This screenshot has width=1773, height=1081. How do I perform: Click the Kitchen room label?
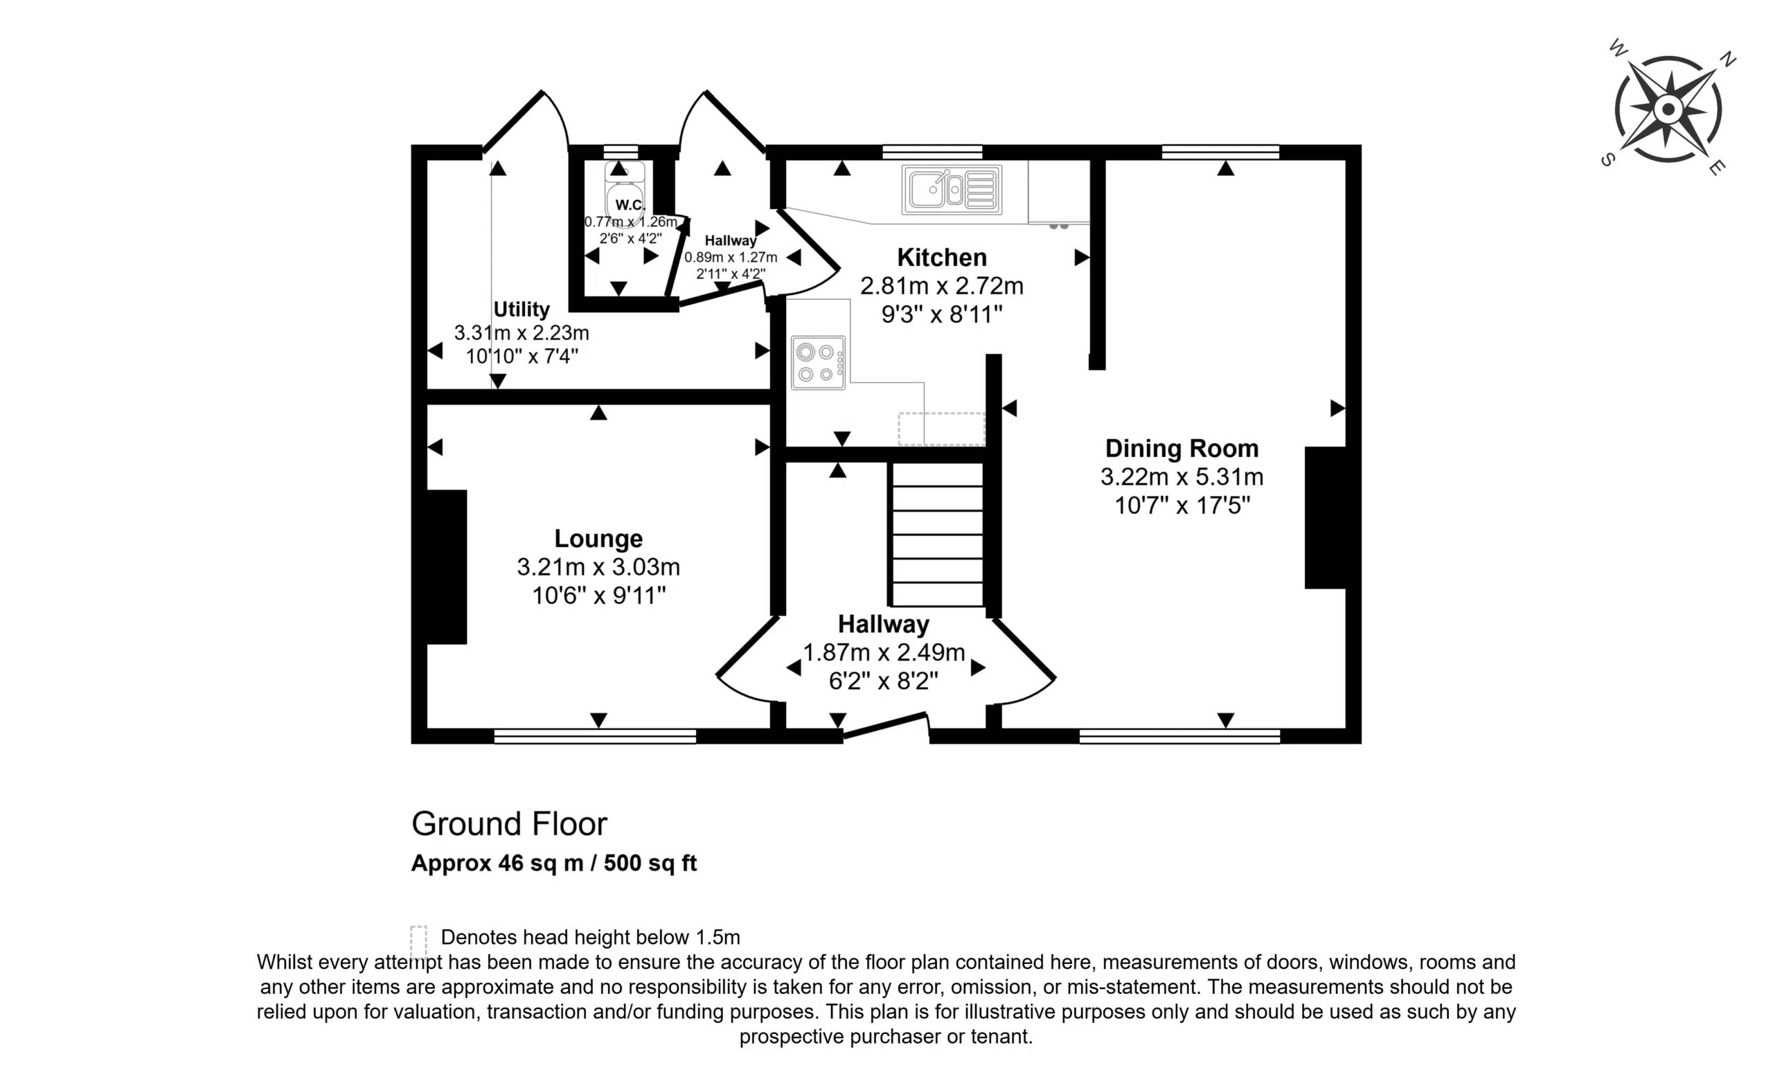coord(941,257)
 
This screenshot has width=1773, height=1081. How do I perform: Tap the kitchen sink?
coord(952,190)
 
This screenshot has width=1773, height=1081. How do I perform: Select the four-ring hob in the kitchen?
coord(818,363)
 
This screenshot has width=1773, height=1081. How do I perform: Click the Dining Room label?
coord(1182,448)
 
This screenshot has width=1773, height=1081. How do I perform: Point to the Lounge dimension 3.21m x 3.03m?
coord(598,567)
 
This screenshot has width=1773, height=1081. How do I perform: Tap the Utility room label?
coord(521,309)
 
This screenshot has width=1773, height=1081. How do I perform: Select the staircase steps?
coord(937,534)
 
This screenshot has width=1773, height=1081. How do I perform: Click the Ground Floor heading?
coord(510,824)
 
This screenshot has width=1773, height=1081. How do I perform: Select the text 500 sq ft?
coord(650,863)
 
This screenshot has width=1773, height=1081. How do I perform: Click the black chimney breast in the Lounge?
coord(447,567)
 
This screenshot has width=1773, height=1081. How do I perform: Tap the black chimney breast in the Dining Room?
coord(1326,517)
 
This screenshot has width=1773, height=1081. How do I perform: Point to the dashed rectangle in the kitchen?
coord(941,429)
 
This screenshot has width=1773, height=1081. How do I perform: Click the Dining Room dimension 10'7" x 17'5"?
coord(1182,506)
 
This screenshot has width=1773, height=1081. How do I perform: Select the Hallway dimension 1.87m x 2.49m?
coord(884,653)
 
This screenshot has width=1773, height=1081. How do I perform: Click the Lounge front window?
coord(595,735)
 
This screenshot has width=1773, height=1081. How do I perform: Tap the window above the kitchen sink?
coord(932,152)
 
